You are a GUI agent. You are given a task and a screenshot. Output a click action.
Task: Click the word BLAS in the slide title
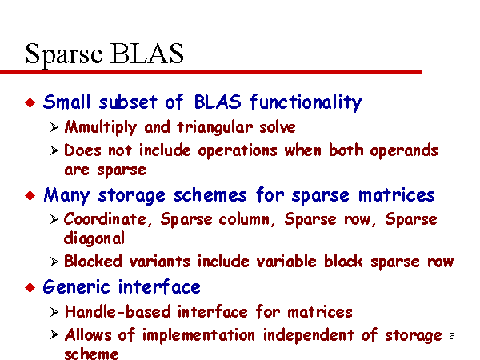pos(147,54)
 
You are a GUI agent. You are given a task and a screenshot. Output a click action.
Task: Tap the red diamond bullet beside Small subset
pos(30,102)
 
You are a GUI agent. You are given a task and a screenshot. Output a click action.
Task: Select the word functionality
pos(306,102)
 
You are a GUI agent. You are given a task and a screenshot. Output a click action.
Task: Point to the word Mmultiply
pos(101,127)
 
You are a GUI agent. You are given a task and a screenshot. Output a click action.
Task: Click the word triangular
pos(215,127)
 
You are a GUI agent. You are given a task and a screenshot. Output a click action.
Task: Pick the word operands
pos(404,150)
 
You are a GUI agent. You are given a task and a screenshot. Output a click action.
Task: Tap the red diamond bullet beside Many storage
pos(30,195)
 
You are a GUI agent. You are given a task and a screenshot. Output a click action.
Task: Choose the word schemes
pos(210,194)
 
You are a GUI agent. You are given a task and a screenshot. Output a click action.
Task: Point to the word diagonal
pos(94,238)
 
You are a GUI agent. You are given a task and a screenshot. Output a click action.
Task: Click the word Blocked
pos(93,262)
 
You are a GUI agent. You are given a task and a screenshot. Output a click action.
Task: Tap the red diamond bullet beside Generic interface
pos(30,287)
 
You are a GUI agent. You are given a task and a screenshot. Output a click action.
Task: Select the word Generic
pos(76,287)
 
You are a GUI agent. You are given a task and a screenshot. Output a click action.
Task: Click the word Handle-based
pos(118,312)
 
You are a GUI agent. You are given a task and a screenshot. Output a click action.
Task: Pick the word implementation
pos(198,335)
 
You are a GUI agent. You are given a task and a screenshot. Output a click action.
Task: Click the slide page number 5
pos(451,336)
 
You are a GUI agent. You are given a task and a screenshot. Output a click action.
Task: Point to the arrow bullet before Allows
pos(54,334)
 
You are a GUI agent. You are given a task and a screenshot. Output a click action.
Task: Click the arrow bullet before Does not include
pos(54,150)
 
